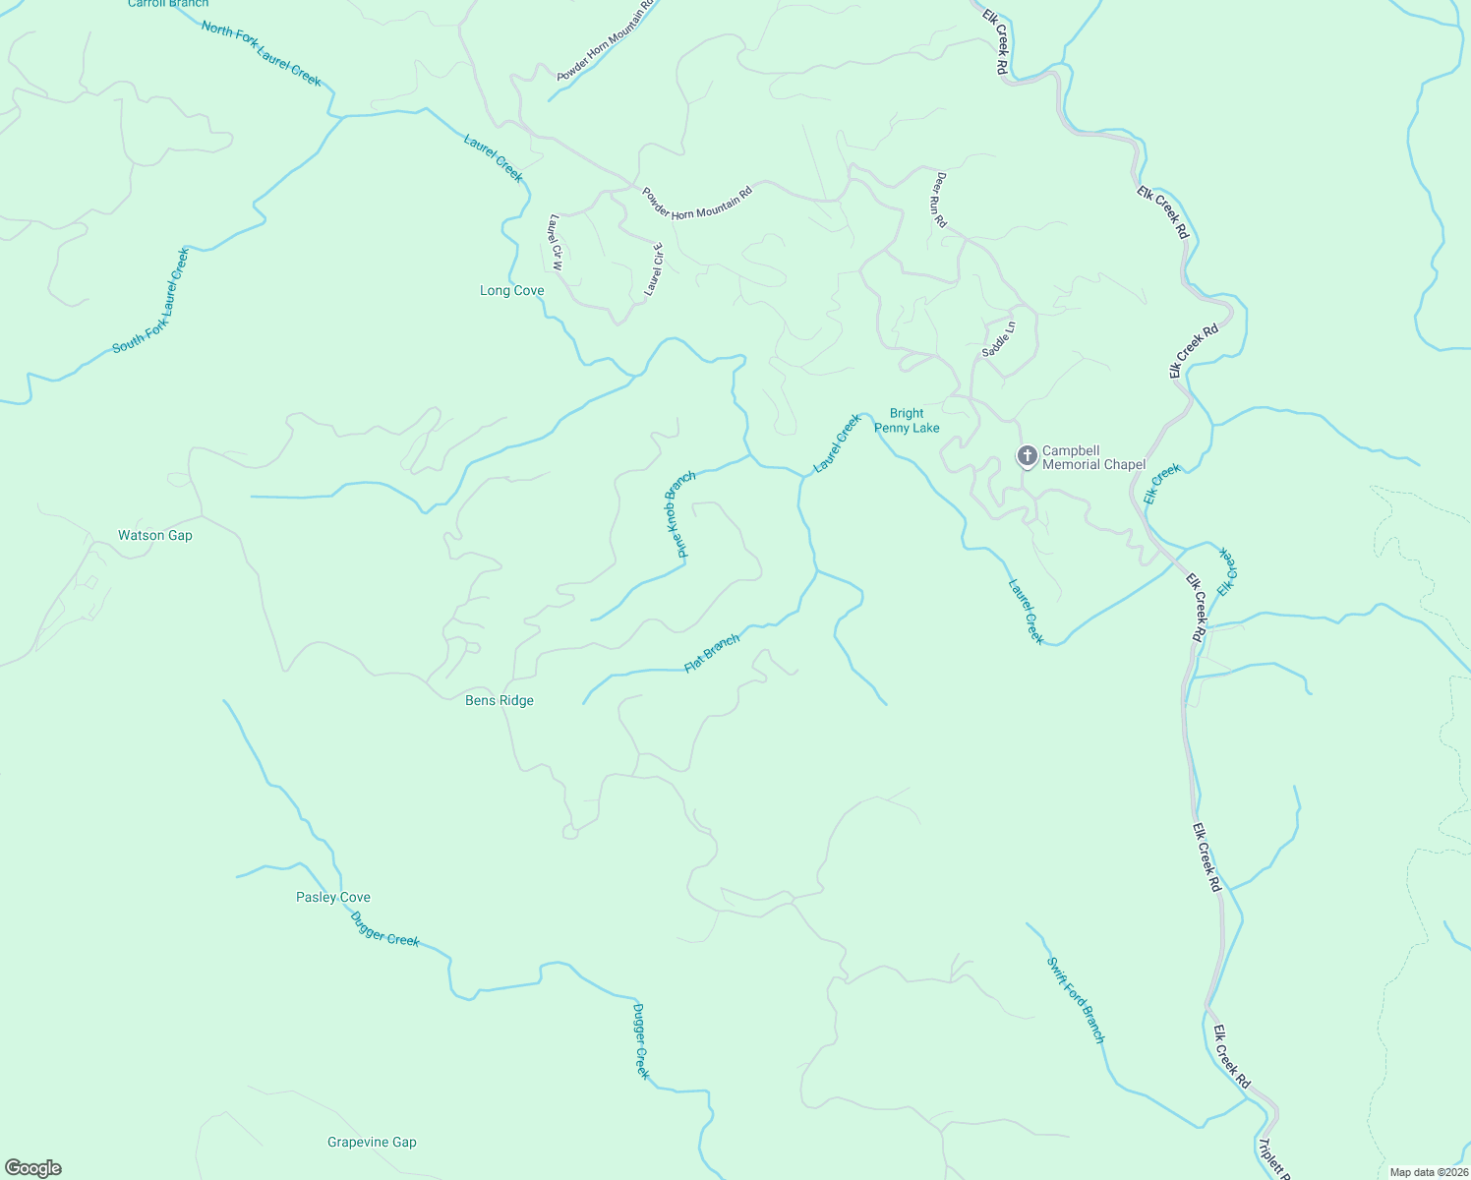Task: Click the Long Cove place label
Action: pos(511,291)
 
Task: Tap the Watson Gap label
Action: pos(155,536)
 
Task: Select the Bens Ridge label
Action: pos(500,701)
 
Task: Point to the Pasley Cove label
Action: pos(333,898)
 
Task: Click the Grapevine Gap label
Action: pos(372,1143)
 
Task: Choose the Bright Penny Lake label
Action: pos(907,421)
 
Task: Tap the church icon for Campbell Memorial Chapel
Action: pos(1027,456)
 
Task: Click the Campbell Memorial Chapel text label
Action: pos(1093,458)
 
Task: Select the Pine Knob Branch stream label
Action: pos(679,514)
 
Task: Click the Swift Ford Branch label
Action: pos(1076,1000)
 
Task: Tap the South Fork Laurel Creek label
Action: pos(150,301)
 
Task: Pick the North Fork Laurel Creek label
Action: pos(262,53)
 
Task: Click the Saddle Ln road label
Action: pos(998,339)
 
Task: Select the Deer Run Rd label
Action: pos(941,201)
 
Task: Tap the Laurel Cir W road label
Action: pos(556,243)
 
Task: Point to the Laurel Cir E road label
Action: pos(654,269)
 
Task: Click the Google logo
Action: pos(33,1168)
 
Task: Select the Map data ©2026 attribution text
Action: pos(1428,1172)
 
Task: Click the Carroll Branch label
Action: pos(168,4)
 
